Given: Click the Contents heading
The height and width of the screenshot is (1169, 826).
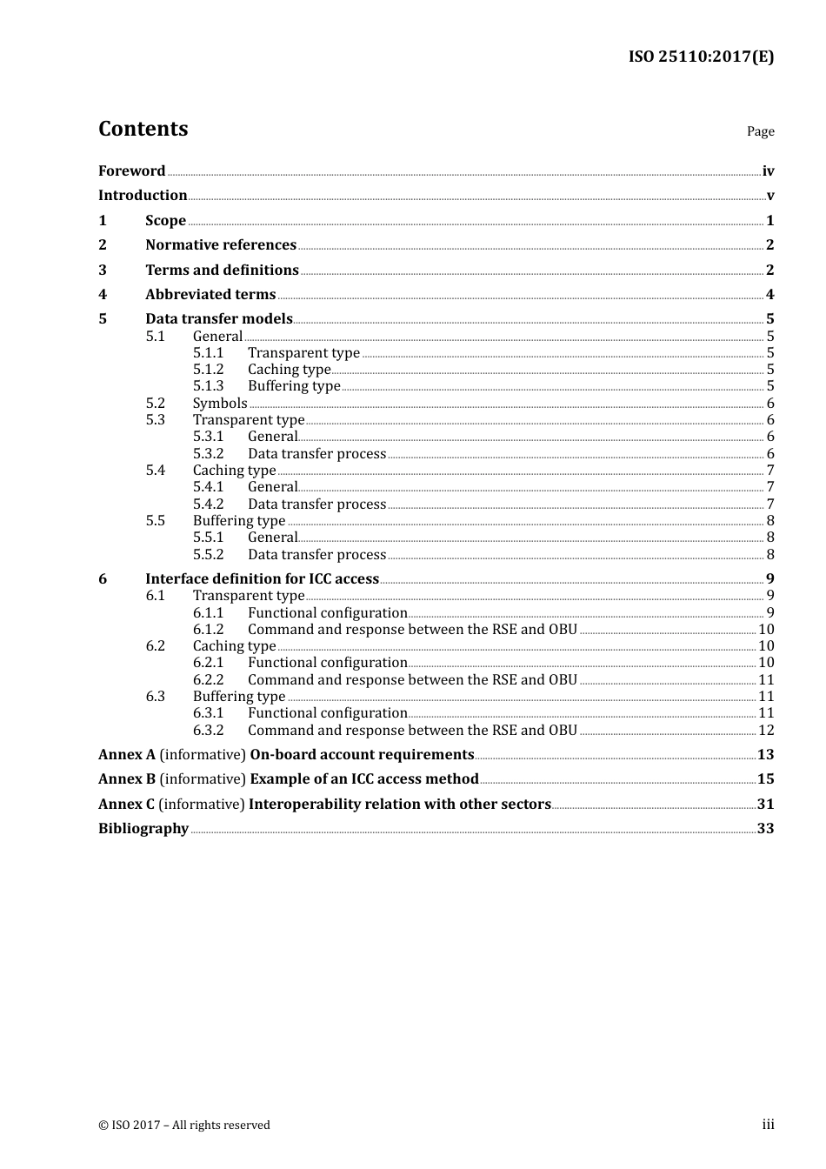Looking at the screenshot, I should tap(143, 129).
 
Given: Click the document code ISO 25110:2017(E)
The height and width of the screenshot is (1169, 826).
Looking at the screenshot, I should tap(701, 57).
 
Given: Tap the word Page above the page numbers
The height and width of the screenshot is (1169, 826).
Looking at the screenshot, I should tap(760, 131).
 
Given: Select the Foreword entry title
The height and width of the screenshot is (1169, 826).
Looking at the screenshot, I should tap(131, 171).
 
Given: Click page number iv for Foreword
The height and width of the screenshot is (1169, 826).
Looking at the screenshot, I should tap(768, 171).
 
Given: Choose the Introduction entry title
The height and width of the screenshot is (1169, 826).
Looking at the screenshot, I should tap(143, 196).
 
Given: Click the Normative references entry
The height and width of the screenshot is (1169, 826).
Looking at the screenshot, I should tap(221, 245).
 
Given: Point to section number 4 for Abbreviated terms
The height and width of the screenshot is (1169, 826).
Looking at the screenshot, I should tap(103, 295).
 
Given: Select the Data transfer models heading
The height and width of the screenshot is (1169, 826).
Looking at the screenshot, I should tap(219, 319).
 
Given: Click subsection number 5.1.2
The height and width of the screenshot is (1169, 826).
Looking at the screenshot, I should tap(208, 370).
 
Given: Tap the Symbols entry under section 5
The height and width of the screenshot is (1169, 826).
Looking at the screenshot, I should tap(220, 404).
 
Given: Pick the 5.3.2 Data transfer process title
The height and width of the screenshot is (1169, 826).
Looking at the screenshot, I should tap(316, 454).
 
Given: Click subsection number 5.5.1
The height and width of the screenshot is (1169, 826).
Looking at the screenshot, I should tap(208, 538).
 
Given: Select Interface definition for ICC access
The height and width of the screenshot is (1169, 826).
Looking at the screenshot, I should tap(262, 579).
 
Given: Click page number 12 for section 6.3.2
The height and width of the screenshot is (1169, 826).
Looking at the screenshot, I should tap(766, 731).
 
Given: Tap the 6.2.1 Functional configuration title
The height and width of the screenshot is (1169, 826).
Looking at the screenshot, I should tap(327, 663).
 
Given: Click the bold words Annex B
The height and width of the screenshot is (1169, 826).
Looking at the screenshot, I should tap(126, 779).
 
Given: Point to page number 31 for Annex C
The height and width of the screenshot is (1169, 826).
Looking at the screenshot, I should tap(765, 805).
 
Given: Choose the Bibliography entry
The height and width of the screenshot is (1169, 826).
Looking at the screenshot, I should tap(143, 829).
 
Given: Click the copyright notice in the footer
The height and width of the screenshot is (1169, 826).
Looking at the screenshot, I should tap(184, 1126).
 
